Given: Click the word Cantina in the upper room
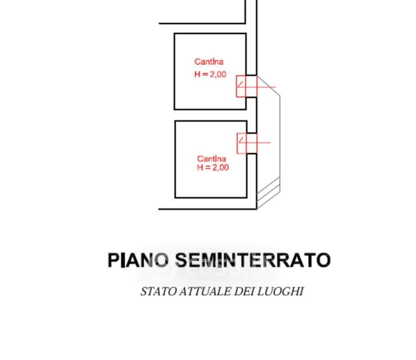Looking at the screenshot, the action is point(209,61).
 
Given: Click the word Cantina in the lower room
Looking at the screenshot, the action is point(213,158).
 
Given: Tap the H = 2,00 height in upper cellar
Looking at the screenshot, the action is point(210,74).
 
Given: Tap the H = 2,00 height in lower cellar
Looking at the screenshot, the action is point(213,167).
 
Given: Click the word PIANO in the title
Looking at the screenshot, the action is point(138,260).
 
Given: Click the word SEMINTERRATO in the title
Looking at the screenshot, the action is point(252,260).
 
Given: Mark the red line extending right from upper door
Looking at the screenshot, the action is point(267,88).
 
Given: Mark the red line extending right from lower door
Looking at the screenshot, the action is point(264,143).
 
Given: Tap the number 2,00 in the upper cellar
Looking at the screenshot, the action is point(217,74).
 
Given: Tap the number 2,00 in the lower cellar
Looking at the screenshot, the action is point(220,167).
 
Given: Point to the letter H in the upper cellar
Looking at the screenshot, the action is point(197,74).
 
